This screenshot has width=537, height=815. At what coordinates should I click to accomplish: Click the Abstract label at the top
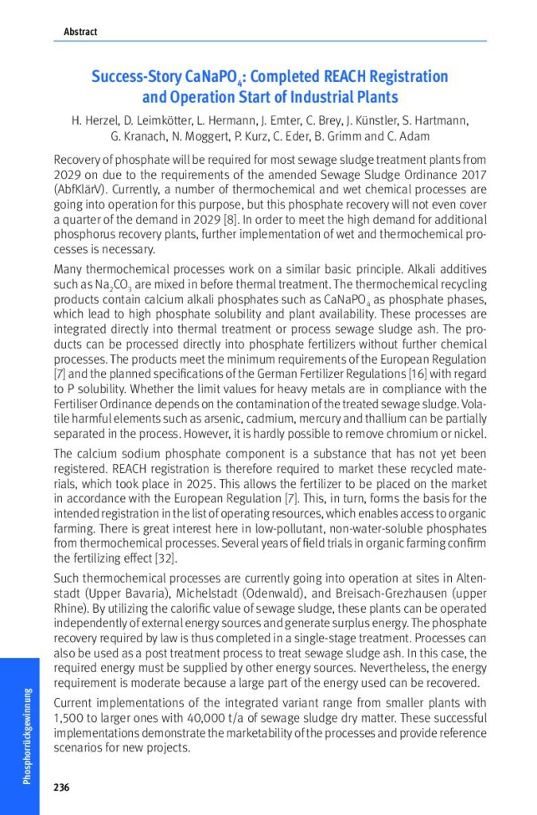[80, 32]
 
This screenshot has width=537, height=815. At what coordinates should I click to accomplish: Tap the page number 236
[61, 788]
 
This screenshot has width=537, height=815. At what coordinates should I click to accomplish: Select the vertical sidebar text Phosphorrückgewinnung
[27, 736]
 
